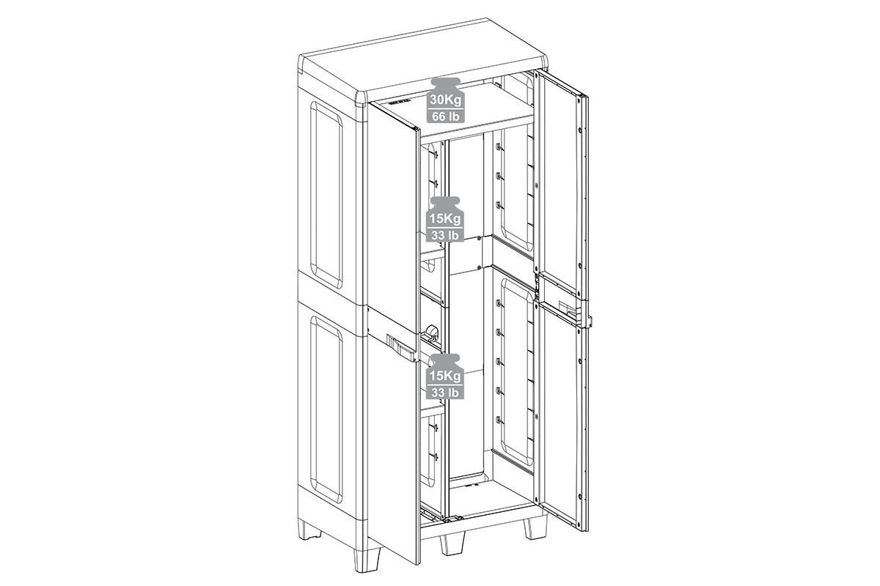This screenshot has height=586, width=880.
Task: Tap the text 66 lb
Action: (446, 116)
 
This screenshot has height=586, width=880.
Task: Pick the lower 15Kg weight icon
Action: (445, 376)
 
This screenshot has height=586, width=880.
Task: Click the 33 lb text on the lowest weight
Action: (446, 393)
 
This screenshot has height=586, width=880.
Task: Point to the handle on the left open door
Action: (401, 348)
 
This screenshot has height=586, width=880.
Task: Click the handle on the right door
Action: (574, 313)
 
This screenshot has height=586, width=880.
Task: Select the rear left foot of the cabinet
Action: (309, 530)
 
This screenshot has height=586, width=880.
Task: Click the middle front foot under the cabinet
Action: (452, 544)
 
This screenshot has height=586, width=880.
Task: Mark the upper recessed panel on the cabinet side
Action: (326, 195)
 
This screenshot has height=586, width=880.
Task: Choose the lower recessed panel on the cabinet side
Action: (326, 409)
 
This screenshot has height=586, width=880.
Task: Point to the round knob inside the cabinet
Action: (432, 332)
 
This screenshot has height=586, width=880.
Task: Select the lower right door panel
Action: (562, 417)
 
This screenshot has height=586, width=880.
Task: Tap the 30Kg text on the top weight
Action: (446, 100)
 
